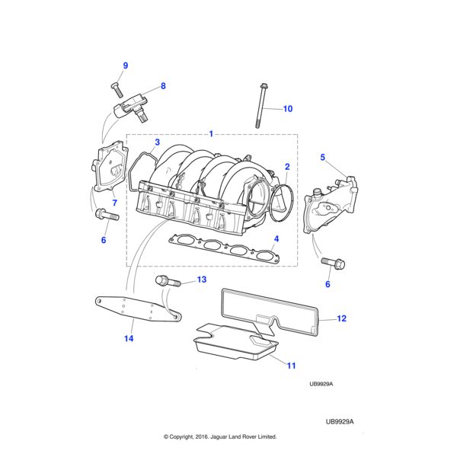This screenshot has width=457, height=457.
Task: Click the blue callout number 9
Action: (x=126, y=66)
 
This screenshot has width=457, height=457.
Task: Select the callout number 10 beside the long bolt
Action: (x=288, y=109)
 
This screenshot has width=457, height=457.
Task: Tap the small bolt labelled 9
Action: (x=117, y=89)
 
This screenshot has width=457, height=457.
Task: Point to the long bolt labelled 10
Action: (x=261, y=106)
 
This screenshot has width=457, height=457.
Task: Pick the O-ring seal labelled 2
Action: (x=282, y=203)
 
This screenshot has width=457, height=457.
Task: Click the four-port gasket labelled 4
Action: (x=224, y=248)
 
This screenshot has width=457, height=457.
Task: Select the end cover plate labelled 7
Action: (x=110, y=166)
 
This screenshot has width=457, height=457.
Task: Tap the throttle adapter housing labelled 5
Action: (x=331, y=205)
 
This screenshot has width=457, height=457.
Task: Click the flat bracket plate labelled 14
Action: (x=139, y=309)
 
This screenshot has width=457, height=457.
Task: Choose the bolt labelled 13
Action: (x=168, y=281)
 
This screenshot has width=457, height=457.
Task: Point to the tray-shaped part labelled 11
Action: (x=235, y=343)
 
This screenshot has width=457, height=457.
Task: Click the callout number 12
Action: (x=341, y=318)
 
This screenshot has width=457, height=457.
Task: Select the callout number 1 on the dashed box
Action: (x=211, y=134)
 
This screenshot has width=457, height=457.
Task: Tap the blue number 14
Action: (x=129, y=338)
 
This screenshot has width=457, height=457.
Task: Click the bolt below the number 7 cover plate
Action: (x=107, y=215)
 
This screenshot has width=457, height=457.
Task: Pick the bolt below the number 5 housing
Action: (x=333, y=264)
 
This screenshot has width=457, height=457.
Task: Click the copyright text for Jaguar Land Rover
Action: (x=220, y=436)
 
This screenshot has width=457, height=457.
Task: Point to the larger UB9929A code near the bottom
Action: (x=340, y=422)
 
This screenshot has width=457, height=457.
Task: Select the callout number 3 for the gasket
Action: (x=158, y=142)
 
